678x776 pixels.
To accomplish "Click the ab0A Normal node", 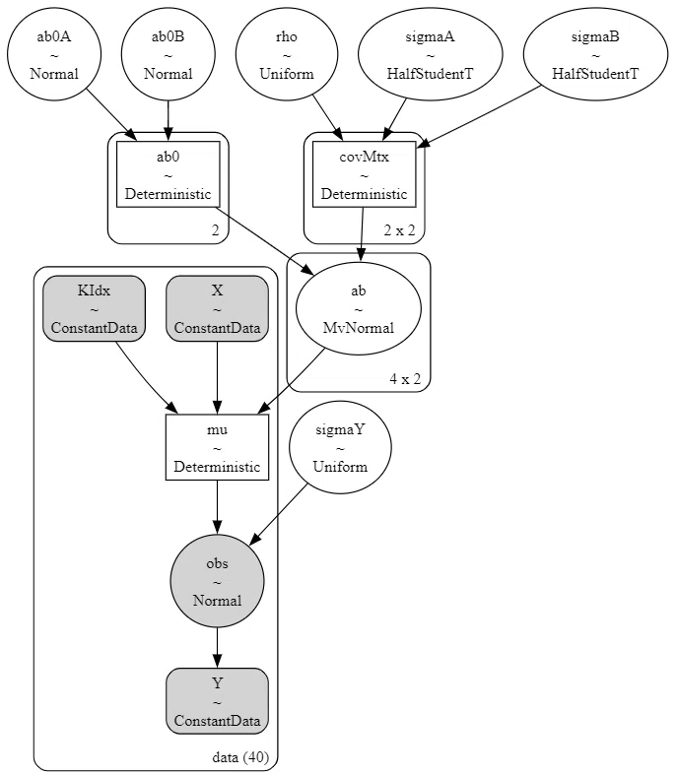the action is [54, 54].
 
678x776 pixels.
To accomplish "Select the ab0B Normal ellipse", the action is [168, 54].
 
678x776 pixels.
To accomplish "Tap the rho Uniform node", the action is [287, 54].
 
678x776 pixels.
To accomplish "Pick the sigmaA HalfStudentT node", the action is [430, 54].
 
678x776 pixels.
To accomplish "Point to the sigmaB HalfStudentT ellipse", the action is [595, 54].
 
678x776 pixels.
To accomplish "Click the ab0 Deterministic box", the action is [168, 174].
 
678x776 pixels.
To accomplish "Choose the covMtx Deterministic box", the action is [364, 174].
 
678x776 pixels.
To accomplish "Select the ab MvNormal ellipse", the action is [359, 308].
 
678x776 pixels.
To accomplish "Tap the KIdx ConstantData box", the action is [94, 309].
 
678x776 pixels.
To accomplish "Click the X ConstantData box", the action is [217, 309].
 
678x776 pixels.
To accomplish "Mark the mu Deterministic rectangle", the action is [217, 447].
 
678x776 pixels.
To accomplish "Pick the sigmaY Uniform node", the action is [340, 447].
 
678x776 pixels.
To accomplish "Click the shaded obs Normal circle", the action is [217, 581].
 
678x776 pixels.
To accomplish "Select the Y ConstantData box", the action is [217, 701].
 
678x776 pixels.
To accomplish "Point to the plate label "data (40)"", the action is [240, 757].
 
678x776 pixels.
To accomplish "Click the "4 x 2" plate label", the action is [405, 379].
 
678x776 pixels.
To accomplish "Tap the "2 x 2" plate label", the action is [400, 230].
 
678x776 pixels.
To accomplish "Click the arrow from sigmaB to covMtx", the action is [479, 117].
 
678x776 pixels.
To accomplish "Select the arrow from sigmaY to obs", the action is [278, 514].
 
